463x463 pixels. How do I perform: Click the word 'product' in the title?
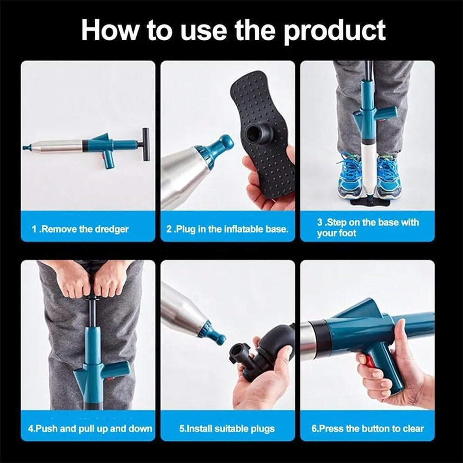pyautogui.click(x=334, y=31)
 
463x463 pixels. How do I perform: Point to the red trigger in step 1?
pyautogui.click(x=104, y=157)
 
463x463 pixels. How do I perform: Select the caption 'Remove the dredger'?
pyautogui.click(x=84, y=229)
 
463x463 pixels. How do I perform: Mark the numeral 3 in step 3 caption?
pyautogui.click(x=320, y=222)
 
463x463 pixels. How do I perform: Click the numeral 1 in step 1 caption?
pyautogui.click(x=34, y=229)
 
